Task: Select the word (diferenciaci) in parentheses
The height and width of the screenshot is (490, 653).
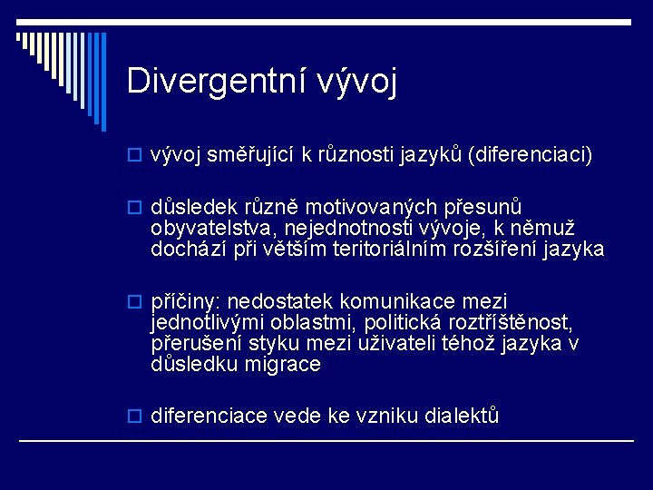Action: coord(530,154)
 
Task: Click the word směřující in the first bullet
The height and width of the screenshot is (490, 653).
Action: coord(250,154)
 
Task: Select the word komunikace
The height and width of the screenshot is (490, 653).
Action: coord(397,301)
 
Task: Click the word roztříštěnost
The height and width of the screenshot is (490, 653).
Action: coord(511,322)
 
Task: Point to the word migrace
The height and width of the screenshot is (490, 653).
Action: coord(283,365)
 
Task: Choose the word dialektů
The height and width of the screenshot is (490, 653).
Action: coord(462,416)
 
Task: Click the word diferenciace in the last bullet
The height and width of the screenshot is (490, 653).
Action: coord(209,416)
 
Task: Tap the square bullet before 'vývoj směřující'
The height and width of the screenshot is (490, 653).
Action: coord(134,155)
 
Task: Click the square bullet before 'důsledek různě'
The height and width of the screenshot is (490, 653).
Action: coord(134,208)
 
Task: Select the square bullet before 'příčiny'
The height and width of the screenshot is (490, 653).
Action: coord(134,301)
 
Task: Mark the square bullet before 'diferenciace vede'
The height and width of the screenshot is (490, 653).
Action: coord(134,416)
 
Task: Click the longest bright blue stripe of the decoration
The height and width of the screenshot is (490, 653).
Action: coord(103,82)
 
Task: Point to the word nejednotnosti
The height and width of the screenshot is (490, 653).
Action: coord(351,229)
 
